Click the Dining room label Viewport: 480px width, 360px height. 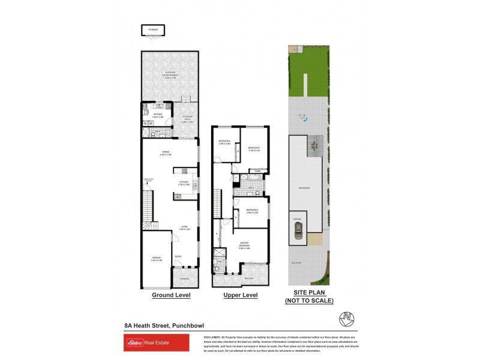click(x=165, y=153)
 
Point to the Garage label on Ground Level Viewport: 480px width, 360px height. click(x=156, y=259)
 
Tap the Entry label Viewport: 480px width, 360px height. click(x=178, y=257)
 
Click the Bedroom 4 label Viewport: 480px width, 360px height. click(x=224, y=142)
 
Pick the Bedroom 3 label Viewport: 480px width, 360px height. click(x=254, y=149)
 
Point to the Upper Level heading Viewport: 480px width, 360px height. click(x=240, y=295)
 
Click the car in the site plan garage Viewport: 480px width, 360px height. click(x=298, y=230)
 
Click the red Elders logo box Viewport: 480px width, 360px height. click(x=156, y=343)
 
